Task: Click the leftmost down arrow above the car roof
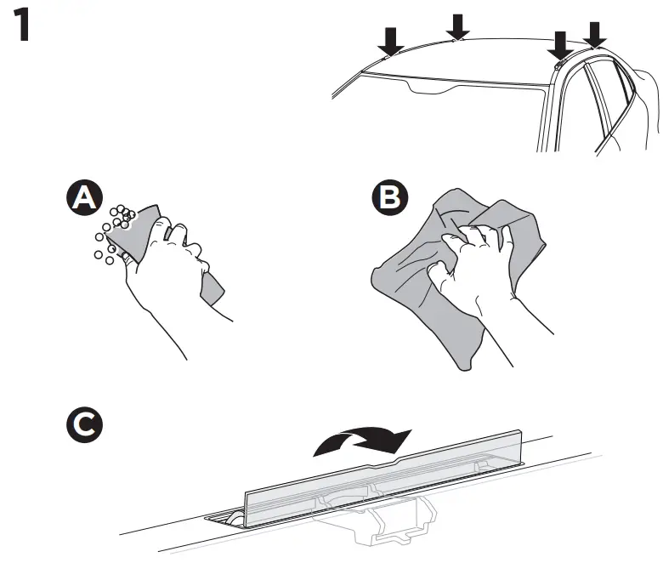click(x=391, y=39)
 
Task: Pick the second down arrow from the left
click(x=457, y=26)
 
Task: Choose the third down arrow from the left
click(x=560, y=45)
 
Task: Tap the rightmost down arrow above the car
click(x=596, y=33)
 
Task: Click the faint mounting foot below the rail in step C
click(x=391, y=523)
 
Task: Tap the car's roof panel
click(x=476, y=60)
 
